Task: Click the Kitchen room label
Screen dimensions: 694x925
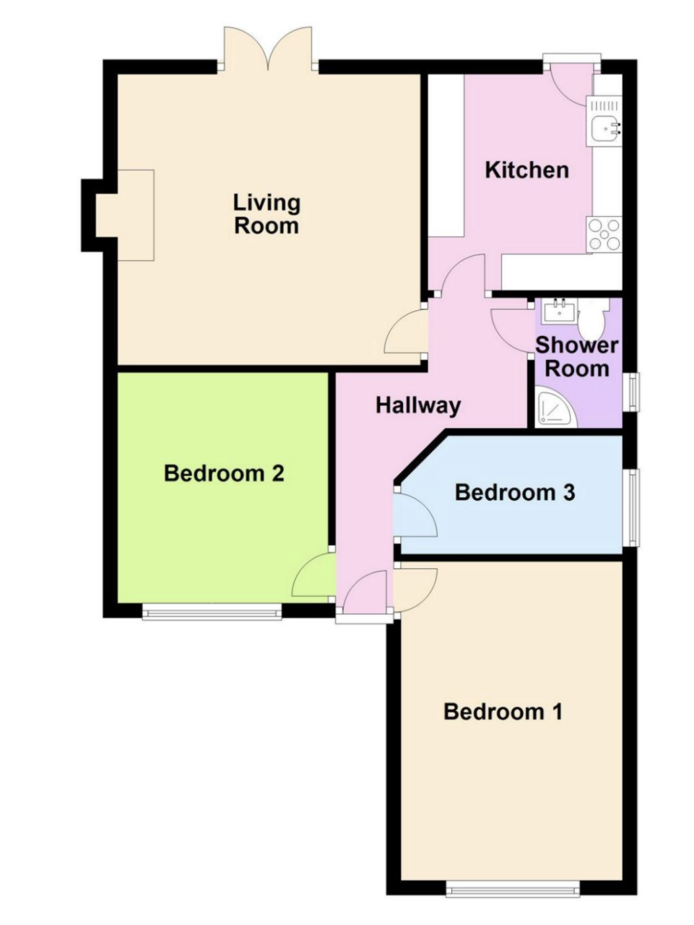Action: pos(526,171)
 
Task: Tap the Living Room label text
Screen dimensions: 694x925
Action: pos(266,214)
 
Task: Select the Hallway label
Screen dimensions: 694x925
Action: pos(418,406)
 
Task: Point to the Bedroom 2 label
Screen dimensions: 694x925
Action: pos(224,473)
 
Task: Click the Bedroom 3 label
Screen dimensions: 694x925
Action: pos(515,492)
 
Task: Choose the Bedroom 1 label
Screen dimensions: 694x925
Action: pos(503,712)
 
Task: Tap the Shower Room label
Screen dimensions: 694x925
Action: pos(577,357)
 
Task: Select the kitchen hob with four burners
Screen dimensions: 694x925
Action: pos(604,235)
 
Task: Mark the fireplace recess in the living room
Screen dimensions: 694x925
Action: pos(125,215)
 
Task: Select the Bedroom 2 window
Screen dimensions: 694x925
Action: pos(212,611)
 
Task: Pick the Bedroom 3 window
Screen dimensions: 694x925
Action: pos(631,507)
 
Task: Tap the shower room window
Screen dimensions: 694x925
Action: pos(631,392)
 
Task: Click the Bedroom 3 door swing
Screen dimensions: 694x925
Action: pos(416,514)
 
